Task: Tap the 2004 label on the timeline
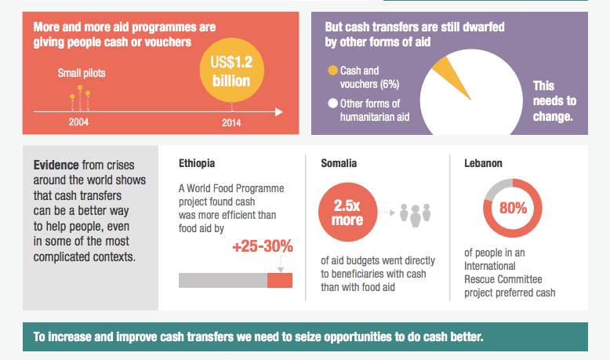[x=78, y=122]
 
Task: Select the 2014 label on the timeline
[x=231, y=122]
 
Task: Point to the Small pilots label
[x=82, y=74]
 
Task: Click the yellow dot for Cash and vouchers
[x=332, y=70]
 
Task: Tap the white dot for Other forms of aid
[x=332, y=104]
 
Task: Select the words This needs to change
[x=554, y=100]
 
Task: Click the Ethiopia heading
[x=197, y=164]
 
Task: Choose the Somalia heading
[x=339, y=164]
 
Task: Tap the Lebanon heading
[x=484, y=164]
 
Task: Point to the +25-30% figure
[x=262, y=247]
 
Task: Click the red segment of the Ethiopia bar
[x=280, y=280]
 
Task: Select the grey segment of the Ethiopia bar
[x=223, y=280]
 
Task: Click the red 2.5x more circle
[x=348, y=213]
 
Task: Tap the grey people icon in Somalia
[x=416, y=213]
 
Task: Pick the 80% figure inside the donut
[x=513, y=209]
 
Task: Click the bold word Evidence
[x=56, y=165]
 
